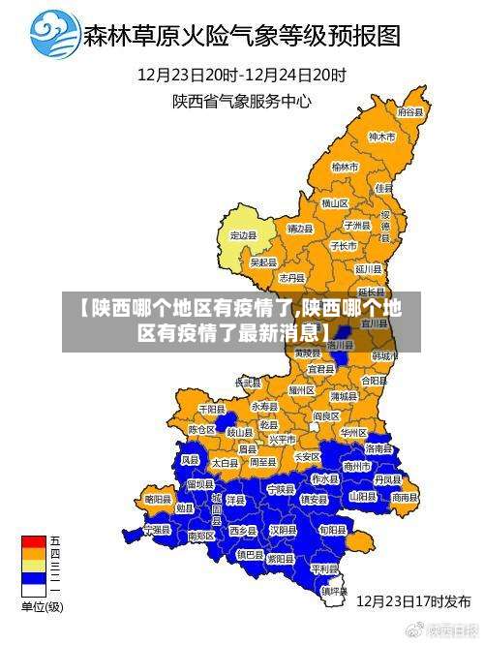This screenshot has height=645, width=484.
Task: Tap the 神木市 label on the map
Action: click(382, 138)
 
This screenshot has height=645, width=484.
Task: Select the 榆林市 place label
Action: click(345, 168)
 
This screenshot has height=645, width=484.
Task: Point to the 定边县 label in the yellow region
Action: click(243, 234)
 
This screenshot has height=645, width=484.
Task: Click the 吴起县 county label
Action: click(263, 261)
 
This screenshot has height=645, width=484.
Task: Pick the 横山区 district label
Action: click(335, 203)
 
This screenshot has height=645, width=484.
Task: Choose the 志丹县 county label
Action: click(292, 278)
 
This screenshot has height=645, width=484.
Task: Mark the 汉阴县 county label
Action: click(283, 530)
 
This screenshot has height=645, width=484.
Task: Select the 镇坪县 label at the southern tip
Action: click(335, 590)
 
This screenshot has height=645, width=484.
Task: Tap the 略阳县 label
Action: click(158, 499)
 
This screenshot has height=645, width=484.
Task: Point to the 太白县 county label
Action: click(224, 464)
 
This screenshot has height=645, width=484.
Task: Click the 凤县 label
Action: click(192, 460)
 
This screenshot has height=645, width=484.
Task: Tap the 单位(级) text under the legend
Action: click(42, 607)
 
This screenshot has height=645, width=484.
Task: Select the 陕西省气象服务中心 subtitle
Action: click(242, 99)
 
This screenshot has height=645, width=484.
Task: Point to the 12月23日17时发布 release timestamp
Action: click(413, 600)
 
